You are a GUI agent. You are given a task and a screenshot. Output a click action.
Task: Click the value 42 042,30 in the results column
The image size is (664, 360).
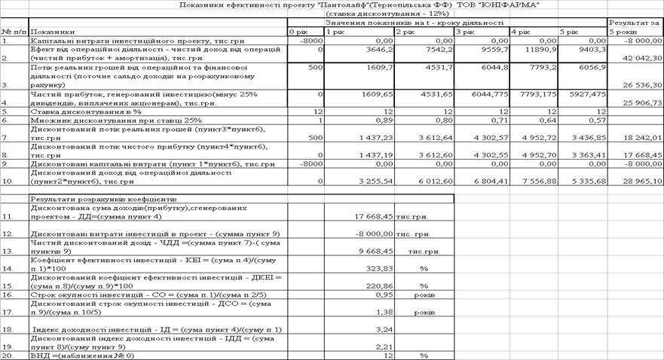click(640, 57)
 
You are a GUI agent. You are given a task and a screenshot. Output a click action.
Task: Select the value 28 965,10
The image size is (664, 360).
click(641, 182)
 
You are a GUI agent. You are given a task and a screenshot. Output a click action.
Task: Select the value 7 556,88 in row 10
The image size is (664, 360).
click(534, 182)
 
